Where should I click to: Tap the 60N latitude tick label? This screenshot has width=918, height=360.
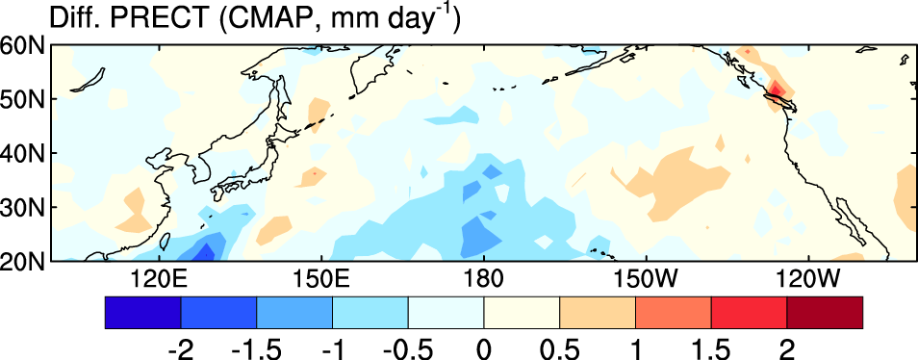pos(24,45)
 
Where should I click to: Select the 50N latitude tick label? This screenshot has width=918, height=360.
pos(24,99)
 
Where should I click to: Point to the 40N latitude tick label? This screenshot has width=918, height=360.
pos(24,153)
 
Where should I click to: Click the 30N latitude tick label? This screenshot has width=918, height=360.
pos(24,207)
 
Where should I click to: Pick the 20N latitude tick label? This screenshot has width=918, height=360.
pos(24,261)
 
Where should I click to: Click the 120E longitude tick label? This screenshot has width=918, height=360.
pos(160,278)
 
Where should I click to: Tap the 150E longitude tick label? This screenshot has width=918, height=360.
pos(321,278)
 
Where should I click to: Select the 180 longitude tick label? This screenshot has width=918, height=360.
pos(484,278)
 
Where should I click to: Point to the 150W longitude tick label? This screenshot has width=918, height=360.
pos(645,278)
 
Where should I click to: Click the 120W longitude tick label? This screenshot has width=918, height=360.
pos(808,278)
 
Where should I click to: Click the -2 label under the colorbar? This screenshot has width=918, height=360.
pos(180,347)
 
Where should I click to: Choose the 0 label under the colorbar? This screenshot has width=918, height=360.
pos(484,347)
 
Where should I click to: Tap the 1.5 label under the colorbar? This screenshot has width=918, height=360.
pos(711,347)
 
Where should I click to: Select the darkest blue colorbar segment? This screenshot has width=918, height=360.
pos(142,313)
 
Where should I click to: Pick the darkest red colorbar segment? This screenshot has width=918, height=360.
pos(825,313)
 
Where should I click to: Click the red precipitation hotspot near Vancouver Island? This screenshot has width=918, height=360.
pos(776,89)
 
